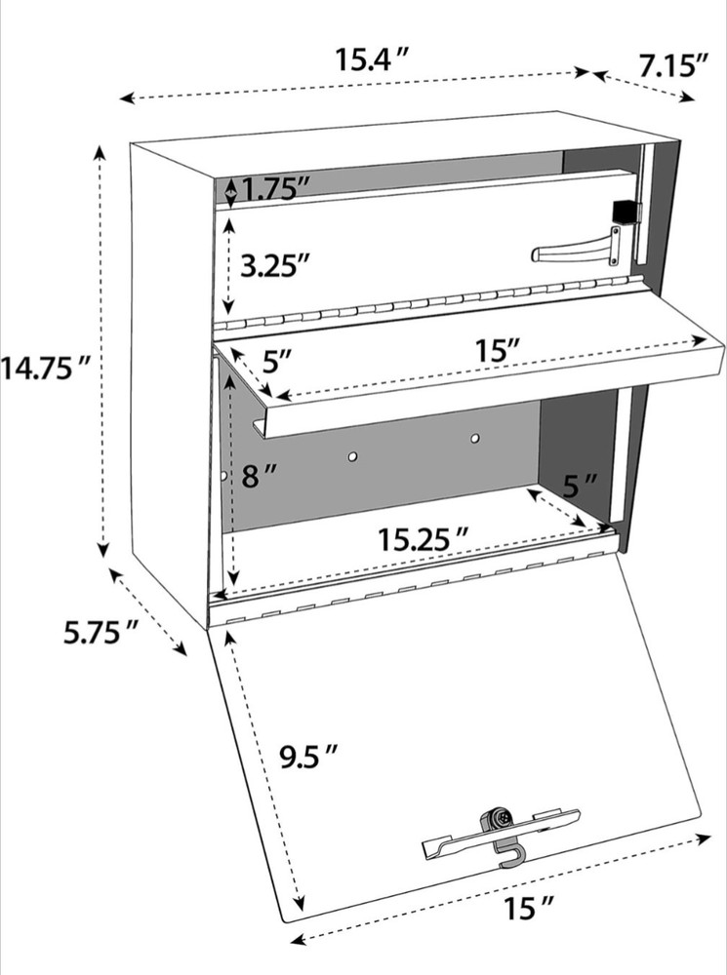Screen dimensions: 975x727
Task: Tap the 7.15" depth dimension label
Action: pyautogui.click(x=673, y=65)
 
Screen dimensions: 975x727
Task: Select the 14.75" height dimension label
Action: pyautogui.click(x=46, y=369)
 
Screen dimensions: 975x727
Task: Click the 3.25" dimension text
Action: pyautogui.click(x=276, y=264)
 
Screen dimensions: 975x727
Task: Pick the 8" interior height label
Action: pyautogui.click(x=260, y=477)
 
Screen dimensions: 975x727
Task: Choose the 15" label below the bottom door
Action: pyautogui.click(x=528, y=910)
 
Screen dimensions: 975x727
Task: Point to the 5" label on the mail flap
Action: pyautogui.click(x=278, y=362)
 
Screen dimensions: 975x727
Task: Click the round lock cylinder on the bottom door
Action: pyautogui.click(x=499, y=820)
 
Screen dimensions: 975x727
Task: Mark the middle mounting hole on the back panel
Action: pyautogui.click(x=353, y=455)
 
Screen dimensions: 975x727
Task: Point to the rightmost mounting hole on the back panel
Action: pyautogui.click(x=475, y=439)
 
